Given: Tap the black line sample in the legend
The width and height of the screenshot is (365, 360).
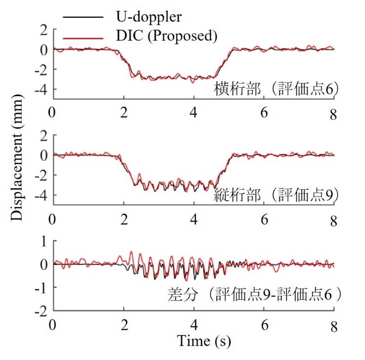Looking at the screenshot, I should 83,17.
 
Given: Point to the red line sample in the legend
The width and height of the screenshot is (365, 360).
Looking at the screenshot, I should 83,36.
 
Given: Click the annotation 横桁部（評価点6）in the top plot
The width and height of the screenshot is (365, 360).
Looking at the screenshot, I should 276,89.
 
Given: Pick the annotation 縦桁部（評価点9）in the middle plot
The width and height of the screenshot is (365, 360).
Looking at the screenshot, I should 276,195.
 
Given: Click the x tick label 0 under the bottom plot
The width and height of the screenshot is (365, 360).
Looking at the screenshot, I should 53,325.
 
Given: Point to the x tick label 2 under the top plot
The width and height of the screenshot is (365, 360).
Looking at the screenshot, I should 124,113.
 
